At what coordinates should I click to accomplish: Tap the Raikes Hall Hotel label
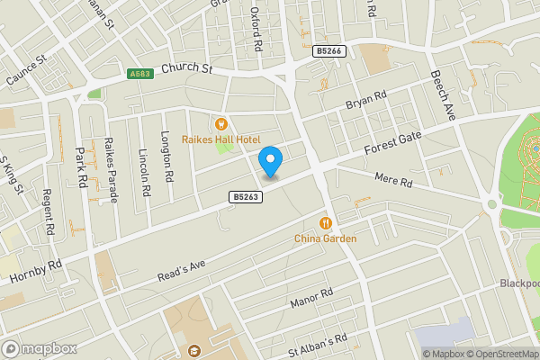(221, 139)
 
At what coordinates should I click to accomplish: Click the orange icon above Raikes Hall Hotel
(221, 124)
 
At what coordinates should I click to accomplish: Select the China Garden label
(325, 238)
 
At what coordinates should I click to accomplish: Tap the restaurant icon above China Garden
(325, 223)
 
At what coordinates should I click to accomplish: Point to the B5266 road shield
(328, 52)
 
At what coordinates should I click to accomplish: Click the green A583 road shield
(139, 74)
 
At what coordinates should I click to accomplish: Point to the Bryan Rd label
(366, 100)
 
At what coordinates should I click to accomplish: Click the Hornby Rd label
(36, 273)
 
